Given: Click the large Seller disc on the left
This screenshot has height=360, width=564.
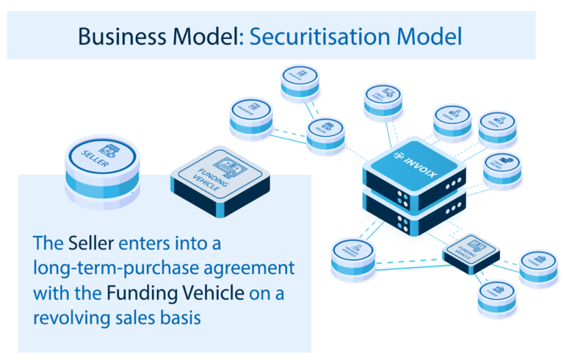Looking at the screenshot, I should [103, 156].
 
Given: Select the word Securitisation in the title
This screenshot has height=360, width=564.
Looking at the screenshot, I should [316, 36].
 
